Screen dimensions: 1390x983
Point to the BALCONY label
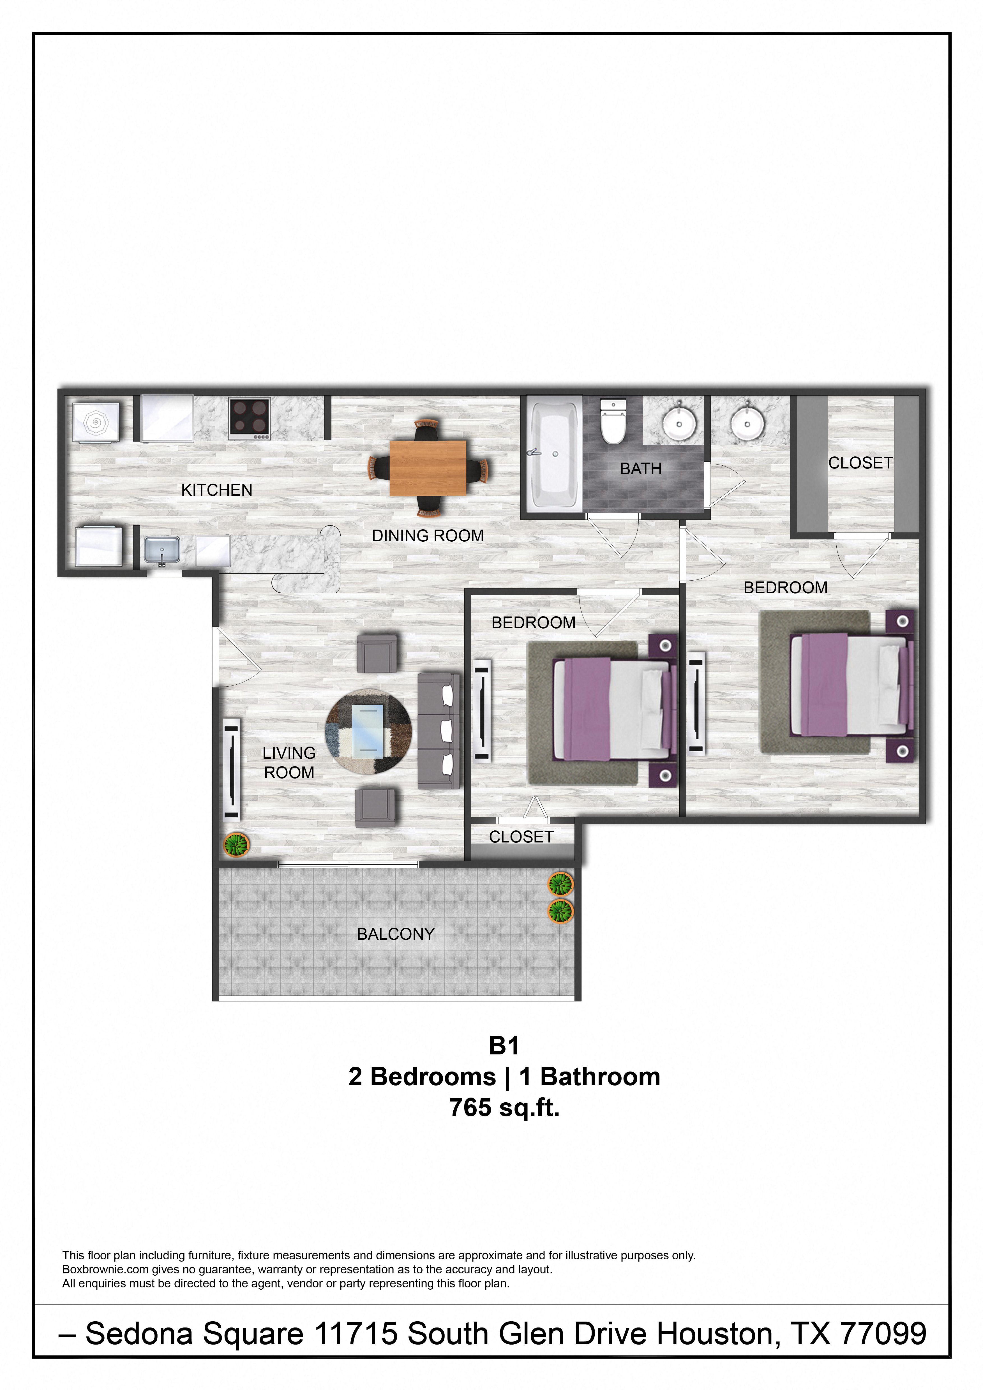tap(396, 934)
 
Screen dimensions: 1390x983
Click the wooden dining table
tap(428, 467)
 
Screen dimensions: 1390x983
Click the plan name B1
tap(504, 1045)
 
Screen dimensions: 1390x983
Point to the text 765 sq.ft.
tap(504, 1108)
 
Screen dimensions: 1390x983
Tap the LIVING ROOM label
tap(289, 763)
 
